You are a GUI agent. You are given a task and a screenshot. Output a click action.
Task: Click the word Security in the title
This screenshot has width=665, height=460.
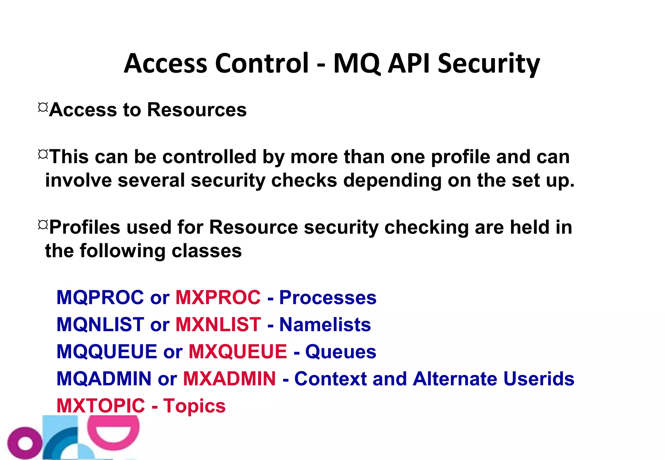tap(489, 64)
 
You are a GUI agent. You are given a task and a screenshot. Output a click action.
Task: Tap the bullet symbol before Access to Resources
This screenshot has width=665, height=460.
tap(43, 107)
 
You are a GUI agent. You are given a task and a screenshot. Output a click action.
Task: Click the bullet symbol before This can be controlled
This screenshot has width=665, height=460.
tap(43, 154)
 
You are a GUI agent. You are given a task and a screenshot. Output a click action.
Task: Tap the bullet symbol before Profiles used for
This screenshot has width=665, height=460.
tap(43, 225)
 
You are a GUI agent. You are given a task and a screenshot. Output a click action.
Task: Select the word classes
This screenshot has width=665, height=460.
tap(207, 251)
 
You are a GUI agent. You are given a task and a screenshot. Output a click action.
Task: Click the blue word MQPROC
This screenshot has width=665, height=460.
tap(100, 297)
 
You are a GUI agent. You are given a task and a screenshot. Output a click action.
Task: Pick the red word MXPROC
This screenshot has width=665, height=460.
tap(218, 297)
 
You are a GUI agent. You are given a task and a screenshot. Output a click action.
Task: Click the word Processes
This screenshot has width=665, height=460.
tap(328, 297)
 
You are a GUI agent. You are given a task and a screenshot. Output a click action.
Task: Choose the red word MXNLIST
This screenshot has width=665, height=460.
tap(218, 324)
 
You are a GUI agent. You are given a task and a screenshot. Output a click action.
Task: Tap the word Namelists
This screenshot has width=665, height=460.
tap(325, 324)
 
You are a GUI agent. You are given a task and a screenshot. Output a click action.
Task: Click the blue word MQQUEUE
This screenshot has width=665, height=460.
tap(107, 351)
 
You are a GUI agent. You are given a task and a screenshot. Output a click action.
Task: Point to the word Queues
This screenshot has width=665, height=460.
tap(341, 352)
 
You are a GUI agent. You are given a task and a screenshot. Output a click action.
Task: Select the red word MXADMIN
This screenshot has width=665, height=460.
tap(229, 379)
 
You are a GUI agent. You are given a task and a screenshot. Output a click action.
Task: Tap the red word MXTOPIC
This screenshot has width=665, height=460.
tap(101, 406)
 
